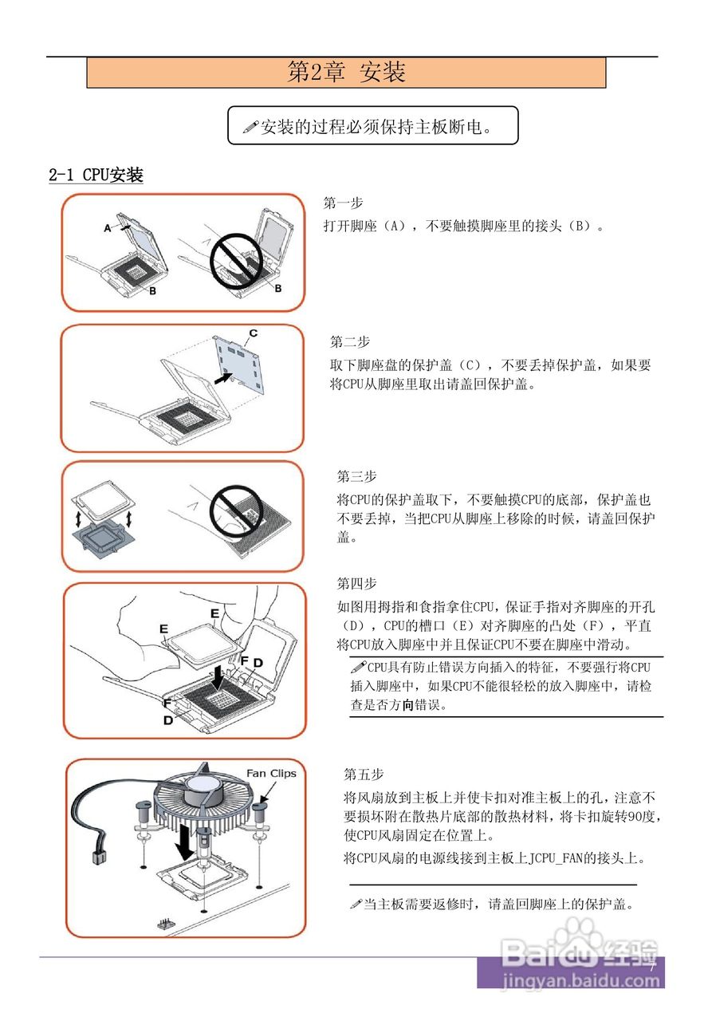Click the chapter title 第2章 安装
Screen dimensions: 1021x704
point(346,73)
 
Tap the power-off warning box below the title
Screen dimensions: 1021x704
point(372,126)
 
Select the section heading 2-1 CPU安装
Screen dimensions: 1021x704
point(96,175)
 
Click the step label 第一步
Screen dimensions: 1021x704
point(343,203)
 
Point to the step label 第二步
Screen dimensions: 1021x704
point(350,341)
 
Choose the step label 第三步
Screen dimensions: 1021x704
point(356,476)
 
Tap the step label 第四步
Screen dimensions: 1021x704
point(356,583)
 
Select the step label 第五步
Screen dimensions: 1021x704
point(364,774)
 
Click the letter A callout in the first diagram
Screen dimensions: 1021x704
point(108,228)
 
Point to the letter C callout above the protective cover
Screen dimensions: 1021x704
point(253,332)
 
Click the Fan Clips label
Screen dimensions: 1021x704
point(270,773)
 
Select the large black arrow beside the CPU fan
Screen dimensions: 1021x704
point(184,842)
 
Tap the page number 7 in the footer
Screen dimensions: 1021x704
point(651,967)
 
